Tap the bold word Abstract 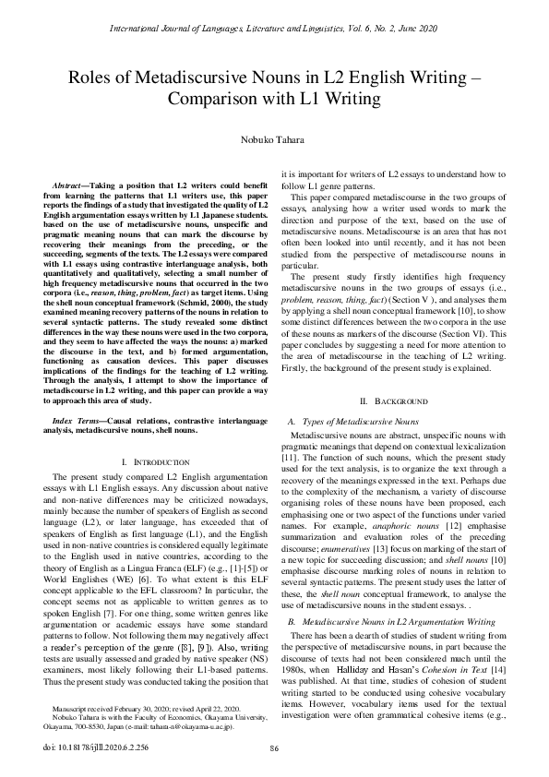69,187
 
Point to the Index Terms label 77,420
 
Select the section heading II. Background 394,401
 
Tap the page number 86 274,748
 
